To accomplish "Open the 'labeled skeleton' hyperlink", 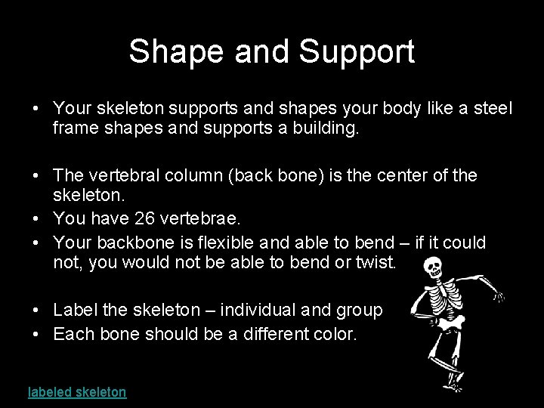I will (x=77, y=391).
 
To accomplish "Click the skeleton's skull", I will (x=432, y=267).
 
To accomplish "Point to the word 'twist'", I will (x=378, y=263).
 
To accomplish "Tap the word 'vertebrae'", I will (x=204, y=219).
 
